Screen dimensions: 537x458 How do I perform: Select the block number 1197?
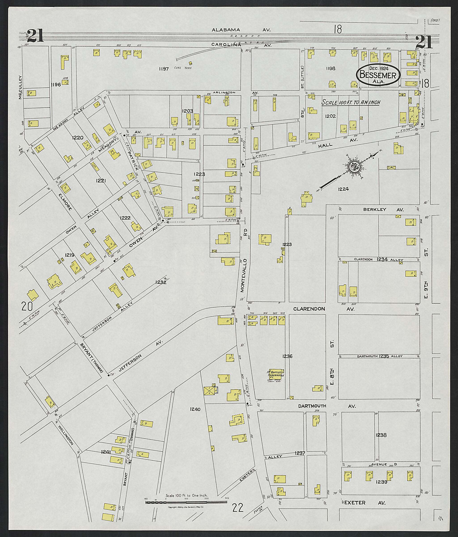(x=164, y=69)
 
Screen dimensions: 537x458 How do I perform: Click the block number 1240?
(x=195, y=409)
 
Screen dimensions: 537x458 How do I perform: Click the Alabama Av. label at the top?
(x=241, y=30)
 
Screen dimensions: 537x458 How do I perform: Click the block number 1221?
(x=101, y=181)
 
